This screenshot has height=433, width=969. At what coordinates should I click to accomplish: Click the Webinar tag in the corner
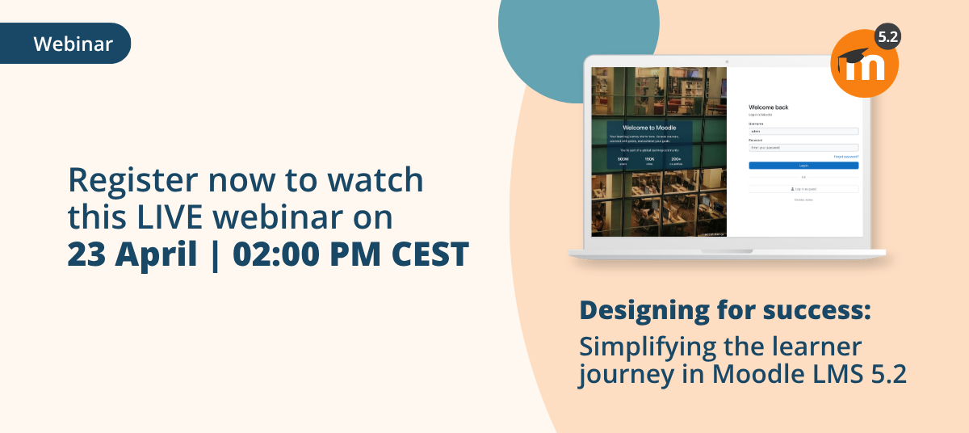[x=73, y=44]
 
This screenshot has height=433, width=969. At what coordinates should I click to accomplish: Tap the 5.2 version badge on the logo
[x=887, y=37]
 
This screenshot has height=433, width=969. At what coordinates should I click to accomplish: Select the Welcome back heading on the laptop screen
[x=768, y=107]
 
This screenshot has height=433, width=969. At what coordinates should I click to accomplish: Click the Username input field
[x=803, y=131]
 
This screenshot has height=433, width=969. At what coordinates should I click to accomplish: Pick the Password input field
[x=803, y=148]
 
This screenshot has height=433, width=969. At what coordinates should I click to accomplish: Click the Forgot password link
[x=845, y=157]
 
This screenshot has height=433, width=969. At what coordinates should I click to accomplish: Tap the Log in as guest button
[x=803, y=188]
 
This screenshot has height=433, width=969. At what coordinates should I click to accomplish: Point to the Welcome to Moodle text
[x=649, y=128]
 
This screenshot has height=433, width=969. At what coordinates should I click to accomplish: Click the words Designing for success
[x=725, y=310]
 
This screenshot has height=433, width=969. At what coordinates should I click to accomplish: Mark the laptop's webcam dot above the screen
[x=727, y=61]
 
